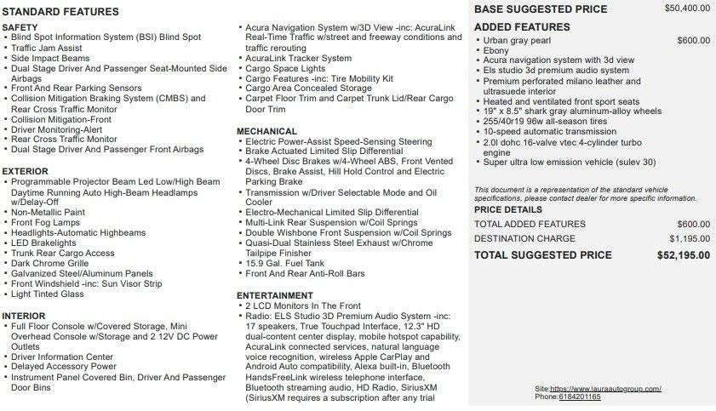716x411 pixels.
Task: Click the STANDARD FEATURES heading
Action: tap(60, 12)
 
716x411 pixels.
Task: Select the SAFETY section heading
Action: tap(20, 27)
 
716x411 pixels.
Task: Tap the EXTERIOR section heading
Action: tap(25, 171)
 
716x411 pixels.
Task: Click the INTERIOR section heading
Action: tap(24, 316)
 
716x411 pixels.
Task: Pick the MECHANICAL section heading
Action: tap(267, 131)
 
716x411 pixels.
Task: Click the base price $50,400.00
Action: tap(687, 9)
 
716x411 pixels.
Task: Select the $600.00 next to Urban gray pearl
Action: tap(694, 41)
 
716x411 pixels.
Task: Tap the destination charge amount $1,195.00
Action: tap(690, 238)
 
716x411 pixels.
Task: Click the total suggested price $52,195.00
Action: tap(684, 254)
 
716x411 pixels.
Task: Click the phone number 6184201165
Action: tap(580, 397)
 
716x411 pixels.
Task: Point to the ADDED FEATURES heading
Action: tap(522, 27)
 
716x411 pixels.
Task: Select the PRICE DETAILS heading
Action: tap(508, 208)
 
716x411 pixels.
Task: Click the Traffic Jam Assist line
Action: tap(47, 49)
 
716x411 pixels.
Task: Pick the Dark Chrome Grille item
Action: tap(51, 263)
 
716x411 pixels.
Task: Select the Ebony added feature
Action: tap(497, 51)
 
